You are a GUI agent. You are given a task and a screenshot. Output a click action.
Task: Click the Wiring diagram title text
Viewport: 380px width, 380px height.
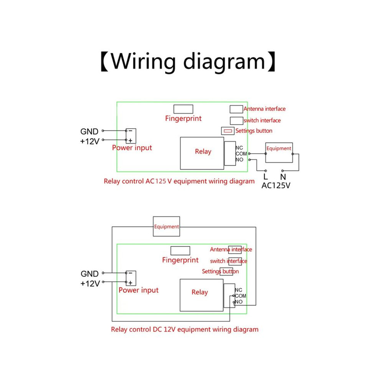click(x=188, y=62)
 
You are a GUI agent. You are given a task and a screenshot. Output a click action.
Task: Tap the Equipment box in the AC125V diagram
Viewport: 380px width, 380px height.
click(x=279, y=152)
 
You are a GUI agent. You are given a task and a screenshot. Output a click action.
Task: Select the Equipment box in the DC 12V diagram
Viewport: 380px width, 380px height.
click(x=167, y=226)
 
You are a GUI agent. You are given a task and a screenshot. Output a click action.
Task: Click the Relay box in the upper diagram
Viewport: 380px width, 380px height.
click(x=202, y=153)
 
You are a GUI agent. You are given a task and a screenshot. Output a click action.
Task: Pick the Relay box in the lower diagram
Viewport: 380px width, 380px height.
click(x=202, y=295)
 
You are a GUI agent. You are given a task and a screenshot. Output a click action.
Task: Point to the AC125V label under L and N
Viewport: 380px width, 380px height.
click(x=276, y=186)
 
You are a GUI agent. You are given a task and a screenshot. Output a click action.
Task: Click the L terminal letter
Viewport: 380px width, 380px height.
click(x=266, y=176)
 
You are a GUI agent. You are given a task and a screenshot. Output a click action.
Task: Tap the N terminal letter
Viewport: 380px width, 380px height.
click(x=283, y=177)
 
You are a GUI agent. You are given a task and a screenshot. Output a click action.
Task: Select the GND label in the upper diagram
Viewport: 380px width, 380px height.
click(x=89, y=131)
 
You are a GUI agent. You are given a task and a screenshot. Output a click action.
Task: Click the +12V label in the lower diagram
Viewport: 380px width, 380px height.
click(x=90, y=283)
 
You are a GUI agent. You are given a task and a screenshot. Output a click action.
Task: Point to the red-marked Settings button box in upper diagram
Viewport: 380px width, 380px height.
click(x=228, y=131)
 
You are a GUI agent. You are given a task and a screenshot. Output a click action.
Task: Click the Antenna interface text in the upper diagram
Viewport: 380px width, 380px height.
click(x=264, y=109)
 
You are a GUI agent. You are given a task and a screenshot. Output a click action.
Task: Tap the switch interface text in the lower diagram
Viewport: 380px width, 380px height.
click(x=228, y=261)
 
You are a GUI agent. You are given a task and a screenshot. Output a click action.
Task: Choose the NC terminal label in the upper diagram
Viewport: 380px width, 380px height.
click(x=239, y=148)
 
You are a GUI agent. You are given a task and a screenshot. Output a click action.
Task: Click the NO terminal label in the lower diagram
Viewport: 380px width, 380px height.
click(x=239, y=302)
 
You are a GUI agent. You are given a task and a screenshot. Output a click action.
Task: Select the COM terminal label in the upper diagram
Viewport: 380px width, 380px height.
click(x=241, y=154)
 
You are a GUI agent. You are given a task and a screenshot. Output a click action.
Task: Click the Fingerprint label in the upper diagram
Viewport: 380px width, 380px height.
click(x=183, y=119)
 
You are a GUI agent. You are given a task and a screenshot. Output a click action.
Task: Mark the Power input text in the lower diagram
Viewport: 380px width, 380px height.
click(x=139, y=290)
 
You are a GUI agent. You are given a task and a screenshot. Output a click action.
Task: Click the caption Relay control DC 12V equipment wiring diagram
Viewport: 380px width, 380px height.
click(x=185, y=330)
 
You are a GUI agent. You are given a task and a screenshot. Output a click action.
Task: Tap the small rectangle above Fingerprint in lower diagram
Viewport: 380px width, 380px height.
click(x=180, y=251)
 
